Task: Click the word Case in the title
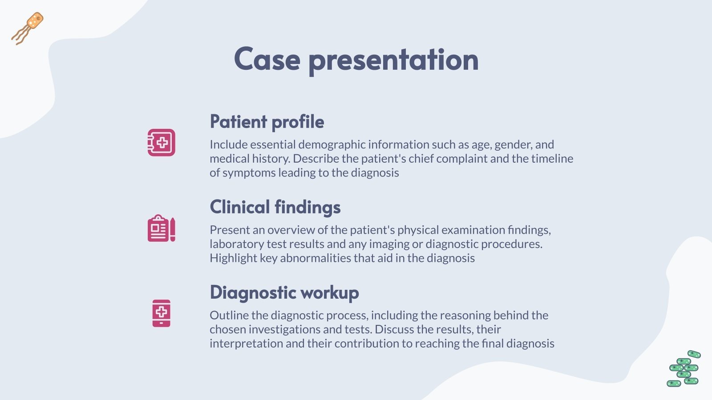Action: coord(267,60)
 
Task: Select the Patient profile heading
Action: coord(267,122)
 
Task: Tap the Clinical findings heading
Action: coord(275,207)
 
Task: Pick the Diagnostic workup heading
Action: coord(284,292)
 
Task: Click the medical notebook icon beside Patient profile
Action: coord(161,143)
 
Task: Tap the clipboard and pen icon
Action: coord(161,228)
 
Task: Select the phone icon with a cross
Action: coord(161,313)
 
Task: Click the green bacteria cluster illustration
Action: coord(684,369)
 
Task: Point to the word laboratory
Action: coord(237,244)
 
